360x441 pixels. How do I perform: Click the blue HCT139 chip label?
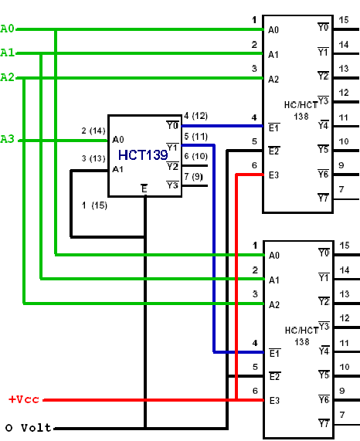click(143, 155)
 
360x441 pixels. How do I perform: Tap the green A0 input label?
click(7, 29)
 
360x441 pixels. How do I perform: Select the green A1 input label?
click(7, 53)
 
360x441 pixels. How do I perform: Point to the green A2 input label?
click(7, 77)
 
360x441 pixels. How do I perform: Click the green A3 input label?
click(7, 139)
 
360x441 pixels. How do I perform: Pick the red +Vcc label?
click(24, 399)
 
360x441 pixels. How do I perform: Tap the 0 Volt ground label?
click(28, 428)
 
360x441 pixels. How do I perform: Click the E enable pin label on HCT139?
click(144, 188)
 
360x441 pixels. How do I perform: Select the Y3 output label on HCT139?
click(172, 185)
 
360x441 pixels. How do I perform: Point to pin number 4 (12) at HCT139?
click(195, 116)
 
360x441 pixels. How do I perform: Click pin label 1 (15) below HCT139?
click(94, 205)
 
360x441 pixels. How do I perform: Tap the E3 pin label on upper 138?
click(273, 175)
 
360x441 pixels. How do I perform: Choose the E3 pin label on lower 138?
click(274, 401)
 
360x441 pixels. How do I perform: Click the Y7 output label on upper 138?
click(323, 198)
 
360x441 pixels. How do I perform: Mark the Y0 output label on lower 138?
click(324, 253)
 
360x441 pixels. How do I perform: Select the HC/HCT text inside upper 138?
click(301, 105)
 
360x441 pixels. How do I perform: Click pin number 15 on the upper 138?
click(344, 20)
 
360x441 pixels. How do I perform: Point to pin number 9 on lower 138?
click(341, 391)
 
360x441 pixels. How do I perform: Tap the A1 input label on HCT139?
click(118, 169)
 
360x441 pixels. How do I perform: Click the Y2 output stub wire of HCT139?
click(195, 165)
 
